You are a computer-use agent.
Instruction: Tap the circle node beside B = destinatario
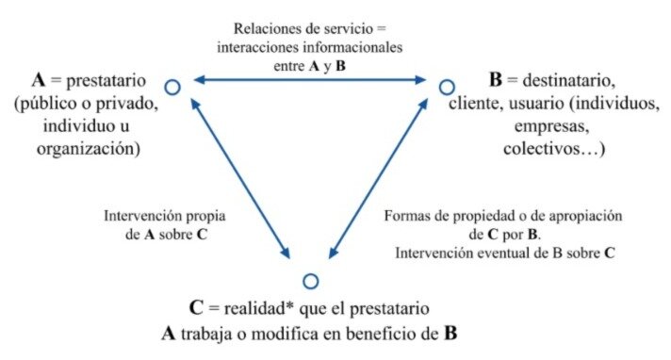(447, 81)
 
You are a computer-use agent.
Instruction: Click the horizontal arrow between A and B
(310, 79)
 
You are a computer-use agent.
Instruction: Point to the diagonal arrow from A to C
(240, 178)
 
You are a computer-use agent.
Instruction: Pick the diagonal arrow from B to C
(378, 178)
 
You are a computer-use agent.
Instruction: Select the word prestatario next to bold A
(106, 81)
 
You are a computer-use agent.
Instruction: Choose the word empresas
(552, 126)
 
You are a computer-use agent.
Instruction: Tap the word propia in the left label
(205, 217)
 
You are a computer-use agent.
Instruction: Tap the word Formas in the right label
(404, 216)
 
